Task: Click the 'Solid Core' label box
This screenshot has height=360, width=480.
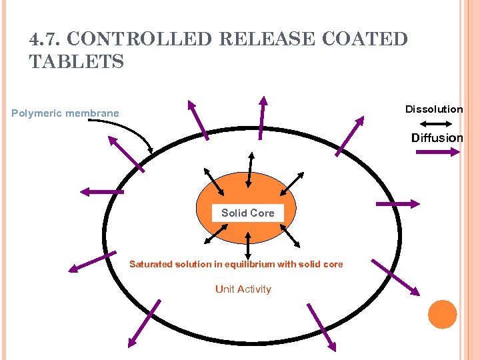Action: (x=247, y=213)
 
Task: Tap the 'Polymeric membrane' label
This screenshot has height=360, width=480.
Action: (x=65, y=113)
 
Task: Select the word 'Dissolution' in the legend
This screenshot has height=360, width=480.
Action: (x=434, y=109)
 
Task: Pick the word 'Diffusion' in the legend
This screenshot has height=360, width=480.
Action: (x=437, y=138)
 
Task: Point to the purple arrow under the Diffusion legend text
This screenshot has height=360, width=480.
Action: (x=437, y=152)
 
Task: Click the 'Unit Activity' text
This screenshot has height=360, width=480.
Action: (x=243, y=289)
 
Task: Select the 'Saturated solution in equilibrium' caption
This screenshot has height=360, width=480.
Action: (x=236, y=265)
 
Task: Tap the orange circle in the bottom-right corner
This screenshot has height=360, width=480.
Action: (x=442, y=314)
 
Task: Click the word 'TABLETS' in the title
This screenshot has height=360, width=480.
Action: (x=77, y=62)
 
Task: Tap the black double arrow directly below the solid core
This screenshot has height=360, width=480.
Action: (x=248, y=245)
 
